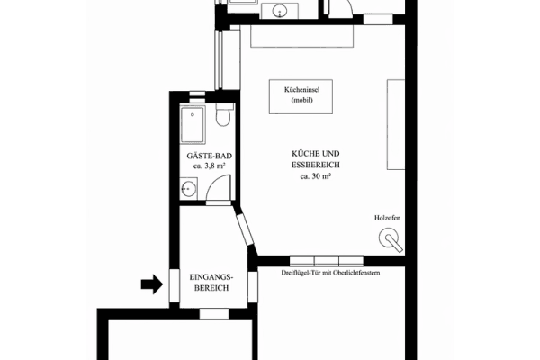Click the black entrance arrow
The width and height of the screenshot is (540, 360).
[x=150, y=285]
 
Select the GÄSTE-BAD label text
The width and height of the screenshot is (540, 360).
[x=209, y=156]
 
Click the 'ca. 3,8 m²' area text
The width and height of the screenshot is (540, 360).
[x=209, y=166]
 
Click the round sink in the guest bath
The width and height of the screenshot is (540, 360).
[x=189, y=189]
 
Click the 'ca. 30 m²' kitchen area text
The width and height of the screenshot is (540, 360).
[x=317, y=177]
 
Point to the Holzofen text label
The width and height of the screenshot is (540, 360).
[x=388, y=219]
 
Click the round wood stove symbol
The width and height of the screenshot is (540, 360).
[x=391, y=239]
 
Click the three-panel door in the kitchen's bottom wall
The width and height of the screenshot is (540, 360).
[x=324, y=261]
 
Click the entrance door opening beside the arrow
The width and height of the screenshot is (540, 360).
[x=171, y=284]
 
